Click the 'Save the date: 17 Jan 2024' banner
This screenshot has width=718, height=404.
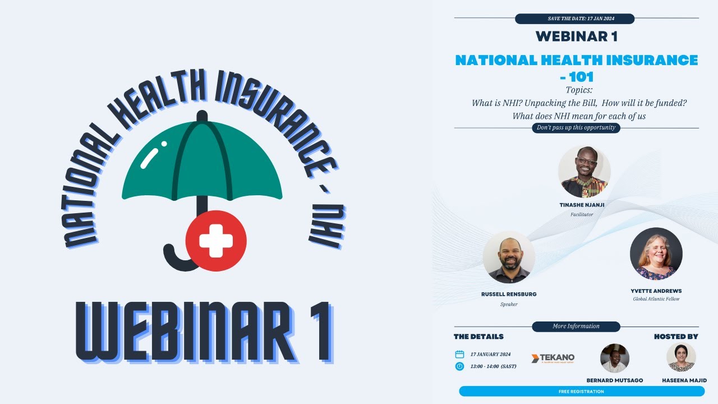[x=574, y=19]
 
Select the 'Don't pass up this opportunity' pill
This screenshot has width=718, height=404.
[x=576, y=127]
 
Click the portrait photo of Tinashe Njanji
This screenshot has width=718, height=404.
[x=584, y=172]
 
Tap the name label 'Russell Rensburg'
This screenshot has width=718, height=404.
[x=509, y=293]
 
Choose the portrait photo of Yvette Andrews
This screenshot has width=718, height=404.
[x=656, y=254]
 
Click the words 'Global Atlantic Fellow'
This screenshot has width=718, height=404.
[x=656, y=299]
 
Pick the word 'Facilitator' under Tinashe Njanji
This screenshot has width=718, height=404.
[x=582, y=214]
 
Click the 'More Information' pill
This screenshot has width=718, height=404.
[x=576, y=326]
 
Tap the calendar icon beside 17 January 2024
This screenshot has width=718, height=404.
[x=459, y=354]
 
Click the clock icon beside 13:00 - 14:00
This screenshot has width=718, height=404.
[x=459, y=366]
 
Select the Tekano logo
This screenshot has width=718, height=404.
[x=553, y=358]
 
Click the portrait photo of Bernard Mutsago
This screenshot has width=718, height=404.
[x=615, y=358]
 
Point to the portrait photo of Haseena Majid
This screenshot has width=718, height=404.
[x=681, y=357]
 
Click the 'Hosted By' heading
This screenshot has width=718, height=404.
[x=676, y=337]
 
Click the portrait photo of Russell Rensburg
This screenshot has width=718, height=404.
[x=509, y=257]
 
